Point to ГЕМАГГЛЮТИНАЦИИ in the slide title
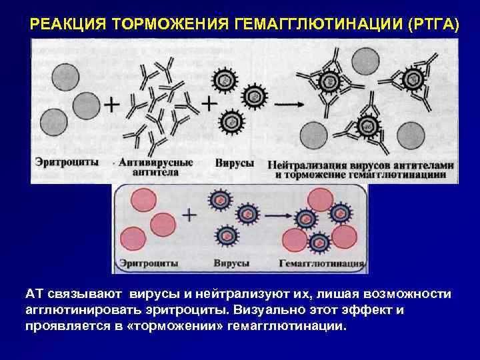point(313,25)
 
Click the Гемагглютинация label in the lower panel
point(321,264)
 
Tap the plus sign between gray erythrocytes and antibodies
point(113,105)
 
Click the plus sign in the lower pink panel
point(189,215)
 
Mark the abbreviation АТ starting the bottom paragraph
point(34,295)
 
